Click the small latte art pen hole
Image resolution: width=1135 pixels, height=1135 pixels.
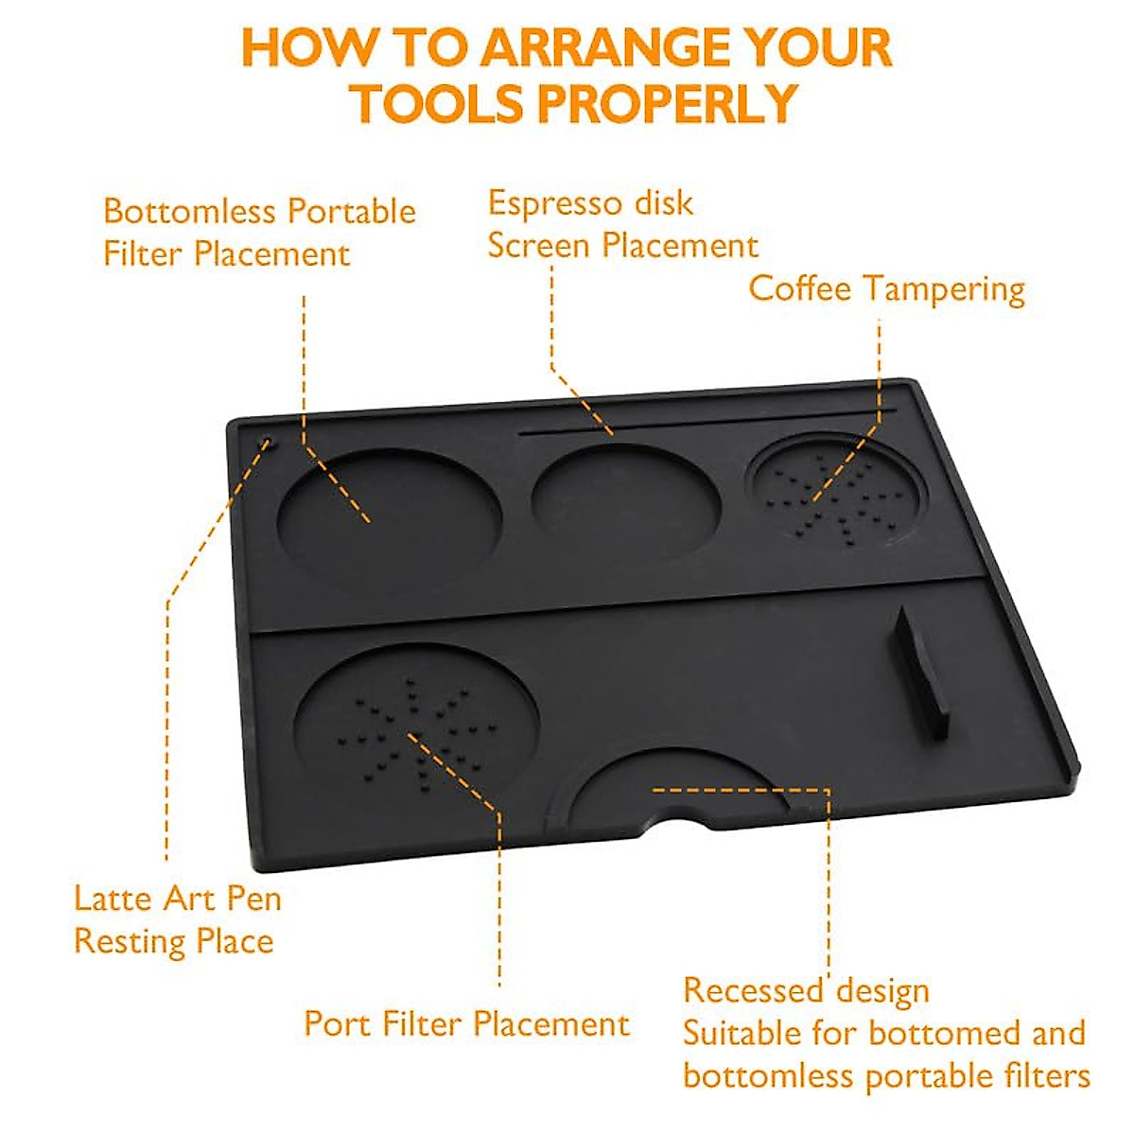pyautogui.click(x=266, y=440)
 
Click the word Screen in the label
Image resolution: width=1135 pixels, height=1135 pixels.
pyautogui.click(x=539, y=247)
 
